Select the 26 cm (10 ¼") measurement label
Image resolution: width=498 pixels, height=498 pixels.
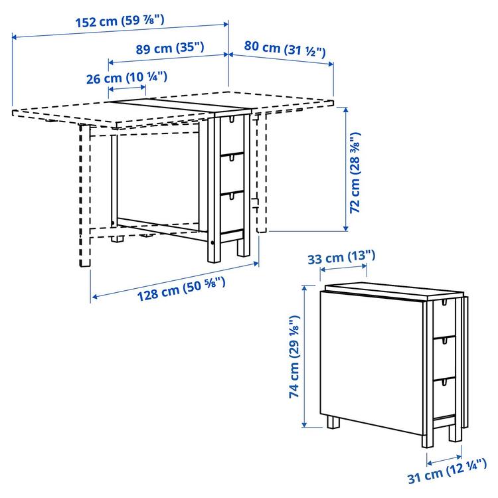point(125,78)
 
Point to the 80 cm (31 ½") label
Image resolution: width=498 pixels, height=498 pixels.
point(284,48)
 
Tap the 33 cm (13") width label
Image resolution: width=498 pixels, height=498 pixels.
point(341,256)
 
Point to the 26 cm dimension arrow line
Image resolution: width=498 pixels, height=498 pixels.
point(125,88)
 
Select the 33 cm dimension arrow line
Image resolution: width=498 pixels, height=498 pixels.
point(341,268)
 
